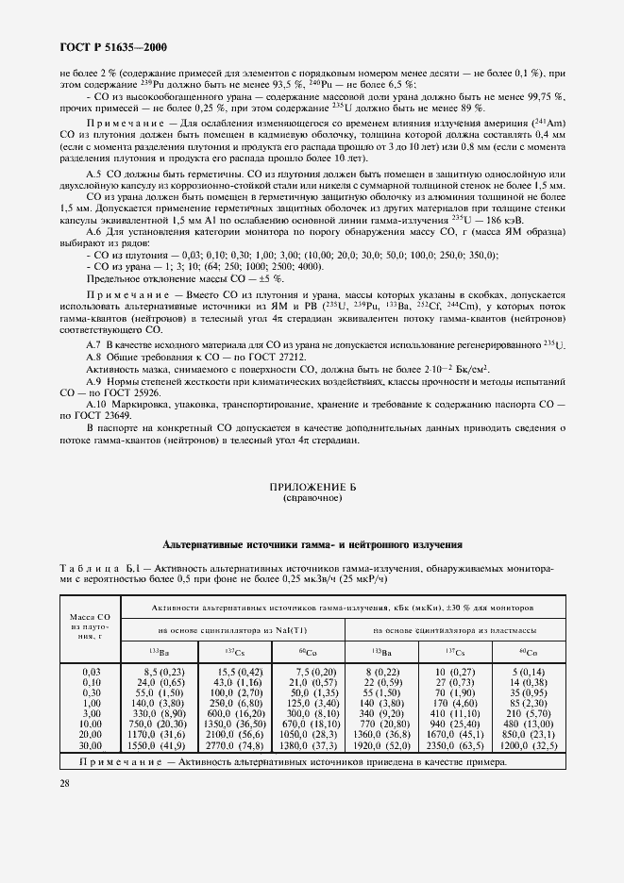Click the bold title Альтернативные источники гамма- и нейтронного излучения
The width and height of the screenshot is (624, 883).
pos(312,545)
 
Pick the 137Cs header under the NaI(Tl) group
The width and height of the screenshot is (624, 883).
pos(232,652)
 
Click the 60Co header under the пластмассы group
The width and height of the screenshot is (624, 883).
pos(527,652)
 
